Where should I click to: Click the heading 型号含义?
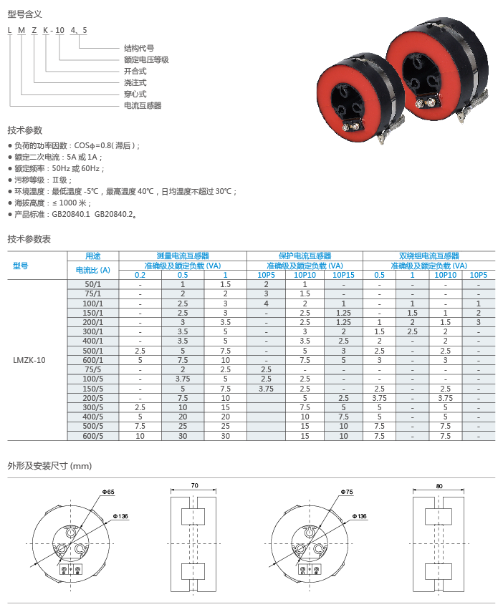pyautogui.click(x=25, y=14)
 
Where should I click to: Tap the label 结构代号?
pyautogui.click(x=139, y=49)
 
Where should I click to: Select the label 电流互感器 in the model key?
pyautogui.click(x=143, y=105)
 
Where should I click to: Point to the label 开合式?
pyautogui.click(x=135, y=72)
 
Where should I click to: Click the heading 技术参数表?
pyautogui.click(x=29, y=239)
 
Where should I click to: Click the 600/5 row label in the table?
pyautogui.click(x=93, y=436)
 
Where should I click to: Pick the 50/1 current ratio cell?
pyautogui.click(x=93, y=284)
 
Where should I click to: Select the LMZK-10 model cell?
pyautogui.click(x=29, y=360)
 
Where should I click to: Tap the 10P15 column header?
pyautogui.click(x=343, y=275)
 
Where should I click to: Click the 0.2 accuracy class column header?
pyautogui.click(x=140, y=275)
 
